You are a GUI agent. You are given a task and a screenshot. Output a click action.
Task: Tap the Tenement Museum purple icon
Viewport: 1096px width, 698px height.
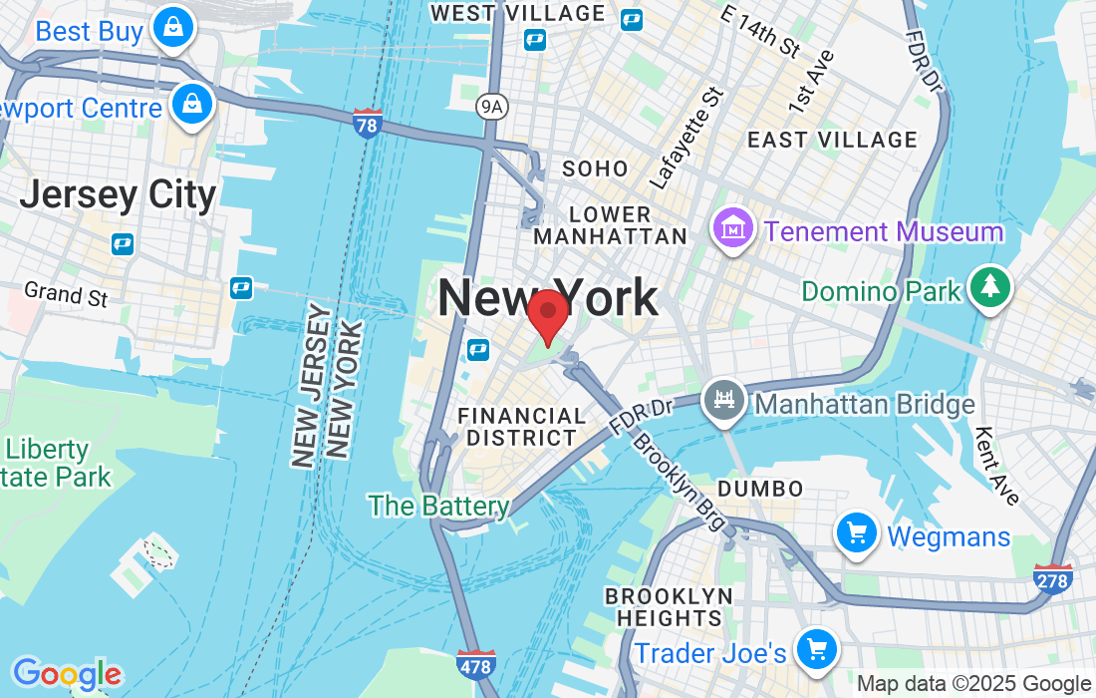[733, 229]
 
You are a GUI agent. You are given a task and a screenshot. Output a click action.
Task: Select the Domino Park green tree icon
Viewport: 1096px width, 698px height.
[990, 288]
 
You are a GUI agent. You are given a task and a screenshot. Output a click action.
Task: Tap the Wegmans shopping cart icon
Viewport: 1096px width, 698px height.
[856, 533]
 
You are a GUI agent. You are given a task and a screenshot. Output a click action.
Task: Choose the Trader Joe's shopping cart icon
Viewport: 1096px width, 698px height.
[817, 650]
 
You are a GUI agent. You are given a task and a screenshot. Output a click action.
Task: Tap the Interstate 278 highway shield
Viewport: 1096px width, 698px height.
[1053, 579]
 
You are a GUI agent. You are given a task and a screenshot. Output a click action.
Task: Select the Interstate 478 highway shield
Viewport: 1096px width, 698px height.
[474, 664]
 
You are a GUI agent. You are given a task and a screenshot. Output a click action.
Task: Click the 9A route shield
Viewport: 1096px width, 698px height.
[489, 105]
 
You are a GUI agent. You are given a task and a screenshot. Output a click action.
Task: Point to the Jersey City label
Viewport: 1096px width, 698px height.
[118, 194]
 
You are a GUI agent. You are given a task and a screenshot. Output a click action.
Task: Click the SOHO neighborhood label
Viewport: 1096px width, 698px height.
[596, 169]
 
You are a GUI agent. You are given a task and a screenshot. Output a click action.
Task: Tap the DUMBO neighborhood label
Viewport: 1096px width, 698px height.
[761, 489]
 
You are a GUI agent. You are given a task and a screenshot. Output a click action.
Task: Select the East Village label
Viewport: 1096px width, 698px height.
[832, 140]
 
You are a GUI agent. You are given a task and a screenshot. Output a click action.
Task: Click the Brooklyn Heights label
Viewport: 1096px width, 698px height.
[669, 607]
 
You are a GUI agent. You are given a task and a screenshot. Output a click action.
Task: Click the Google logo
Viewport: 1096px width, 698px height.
[66, 674]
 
